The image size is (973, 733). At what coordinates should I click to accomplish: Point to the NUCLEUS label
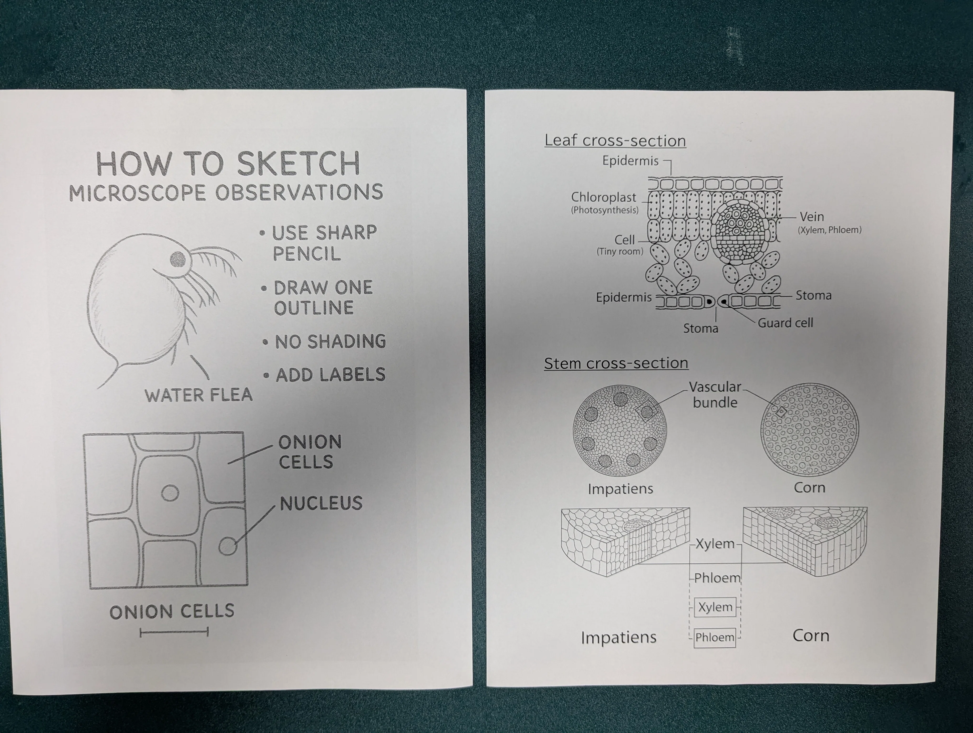tap(321, 503)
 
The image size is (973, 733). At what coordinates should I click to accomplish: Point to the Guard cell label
tap(785, 323)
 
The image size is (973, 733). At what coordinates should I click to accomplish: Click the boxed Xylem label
tap(715, 607)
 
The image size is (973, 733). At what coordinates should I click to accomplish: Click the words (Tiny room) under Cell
tap(620, 252)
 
